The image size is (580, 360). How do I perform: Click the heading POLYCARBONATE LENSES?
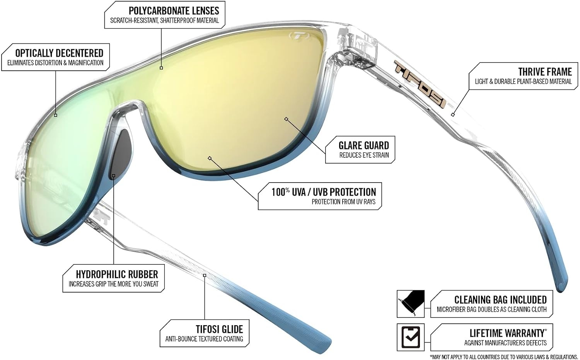coord(174,11)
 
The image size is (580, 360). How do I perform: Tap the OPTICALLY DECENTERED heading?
coord(59,53)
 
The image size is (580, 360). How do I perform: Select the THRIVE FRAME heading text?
coord(545,72)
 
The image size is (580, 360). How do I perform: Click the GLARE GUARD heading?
coord(364,145)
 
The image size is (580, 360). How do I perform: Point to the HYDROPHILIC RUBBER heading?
coord(117,274)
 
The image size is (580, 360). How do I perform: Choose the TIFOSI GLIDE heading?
coord(220,329)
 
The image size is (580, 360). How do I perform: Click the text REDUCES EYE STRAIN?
coord(364,155)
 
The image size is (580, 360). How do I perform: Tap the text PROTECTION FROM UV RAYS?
coord(344,202)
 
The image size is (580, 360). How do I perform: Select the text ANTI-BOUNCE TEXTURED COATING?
coord(204,339)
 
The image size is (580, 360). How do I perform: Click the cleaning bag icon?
coord(411,304)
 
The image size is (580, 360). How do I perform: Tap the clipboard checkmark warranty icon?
coord(411,337)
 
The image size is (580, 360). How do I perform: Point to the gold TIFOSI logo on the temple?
coord(419,84)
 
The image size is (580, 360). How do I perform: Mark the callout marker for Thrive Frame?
coord(453,115)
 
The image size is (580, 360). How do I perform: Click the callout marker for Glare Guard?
coord(286,119)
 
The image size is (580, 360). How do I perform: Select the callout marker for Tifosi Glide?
coord(205,275)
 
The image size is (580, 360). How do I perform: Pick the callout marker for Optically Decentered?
coord(55,115)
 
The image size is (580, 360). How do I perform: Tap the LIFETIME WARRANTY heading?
coord(507,333)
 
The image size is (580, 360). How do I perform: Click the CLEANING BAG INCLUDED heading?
coord(500,300)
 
